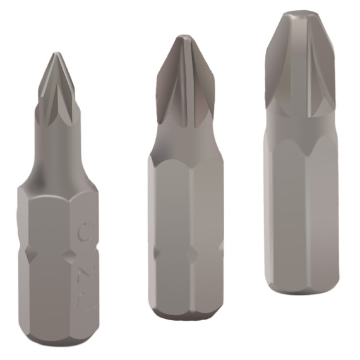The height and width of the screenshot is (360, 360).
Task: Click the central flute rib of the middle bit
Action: pyautogui.click(x=184, y=82)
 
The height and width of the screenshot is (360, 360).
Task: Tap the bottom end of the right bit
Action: pyautogui.click(x=302, y=290)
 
